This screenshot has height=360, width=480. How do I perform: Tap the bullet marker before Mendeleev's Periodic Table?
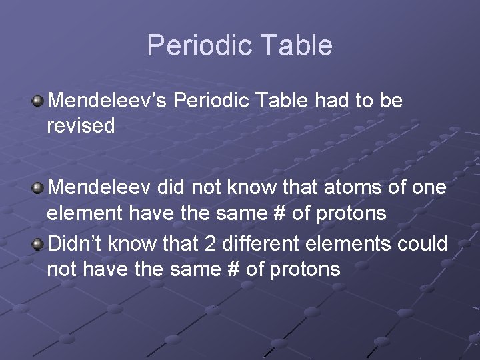tap(38, 101)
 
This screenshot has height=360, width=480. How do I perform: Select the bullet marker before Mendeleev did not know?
tap(38, 189)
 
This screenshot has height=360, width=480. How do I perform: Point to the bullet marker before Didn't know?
tap(38, 245)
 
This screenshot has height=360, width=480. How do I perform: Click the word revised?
tap(81, 125)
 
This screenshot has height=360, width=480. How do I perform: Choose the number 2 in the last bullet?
tap(211, 244)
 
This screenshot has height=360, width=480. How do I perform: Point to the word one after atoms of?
tap(429, 188)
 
